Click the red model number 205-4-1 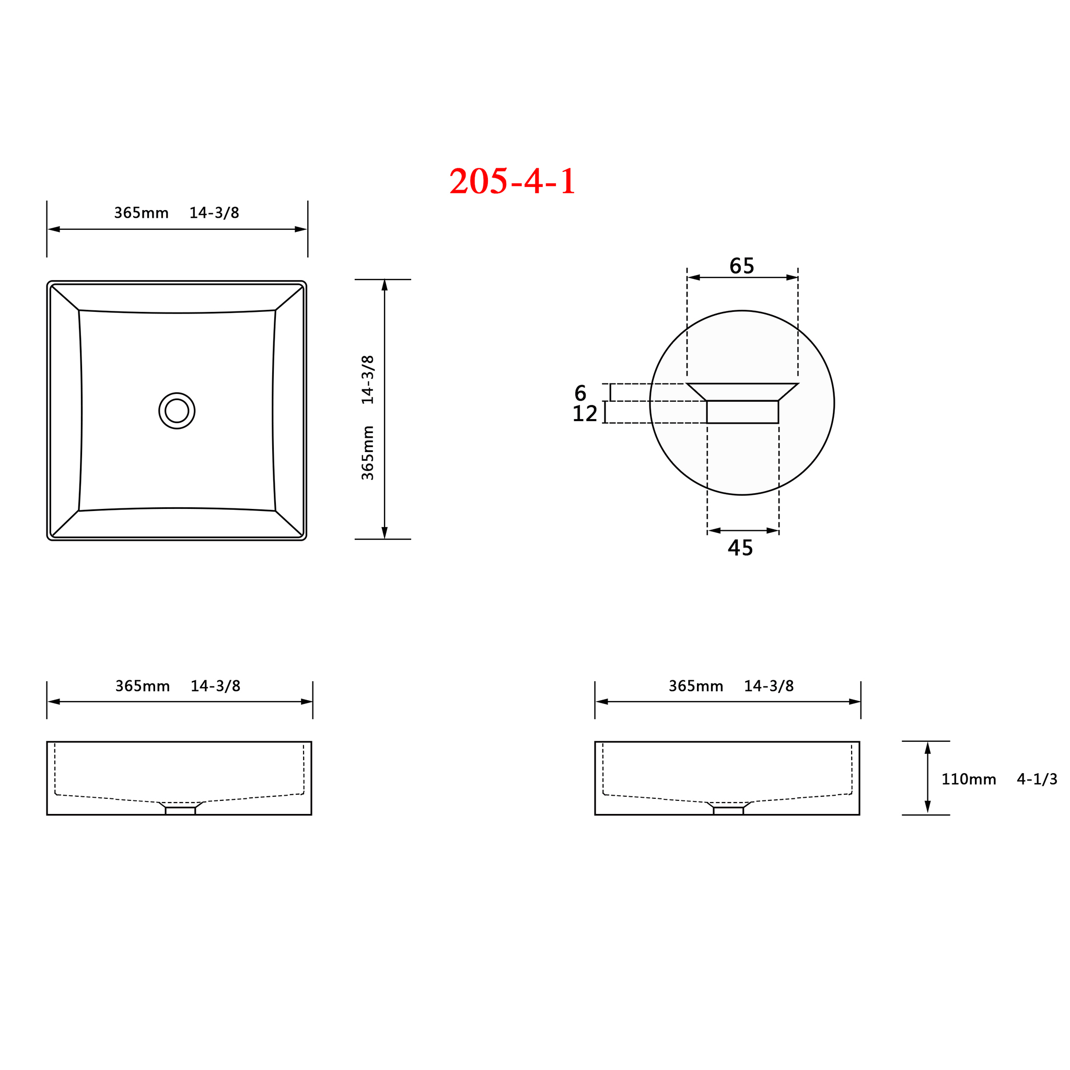tap(513, 181)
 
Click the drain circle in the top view tap(177, 410)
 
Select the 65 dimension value tap(741, 266)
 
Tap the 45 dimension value tap(740, 548)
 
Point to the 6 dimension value tap(580, 393)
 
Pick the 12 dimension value tap(584, 413)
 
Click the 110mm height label tap(969, 779)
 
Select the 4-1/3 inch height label tap(1037, 779)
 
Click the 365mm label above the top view tap(141, 213)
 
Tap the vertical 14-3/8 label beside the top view tap(368, 379)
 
